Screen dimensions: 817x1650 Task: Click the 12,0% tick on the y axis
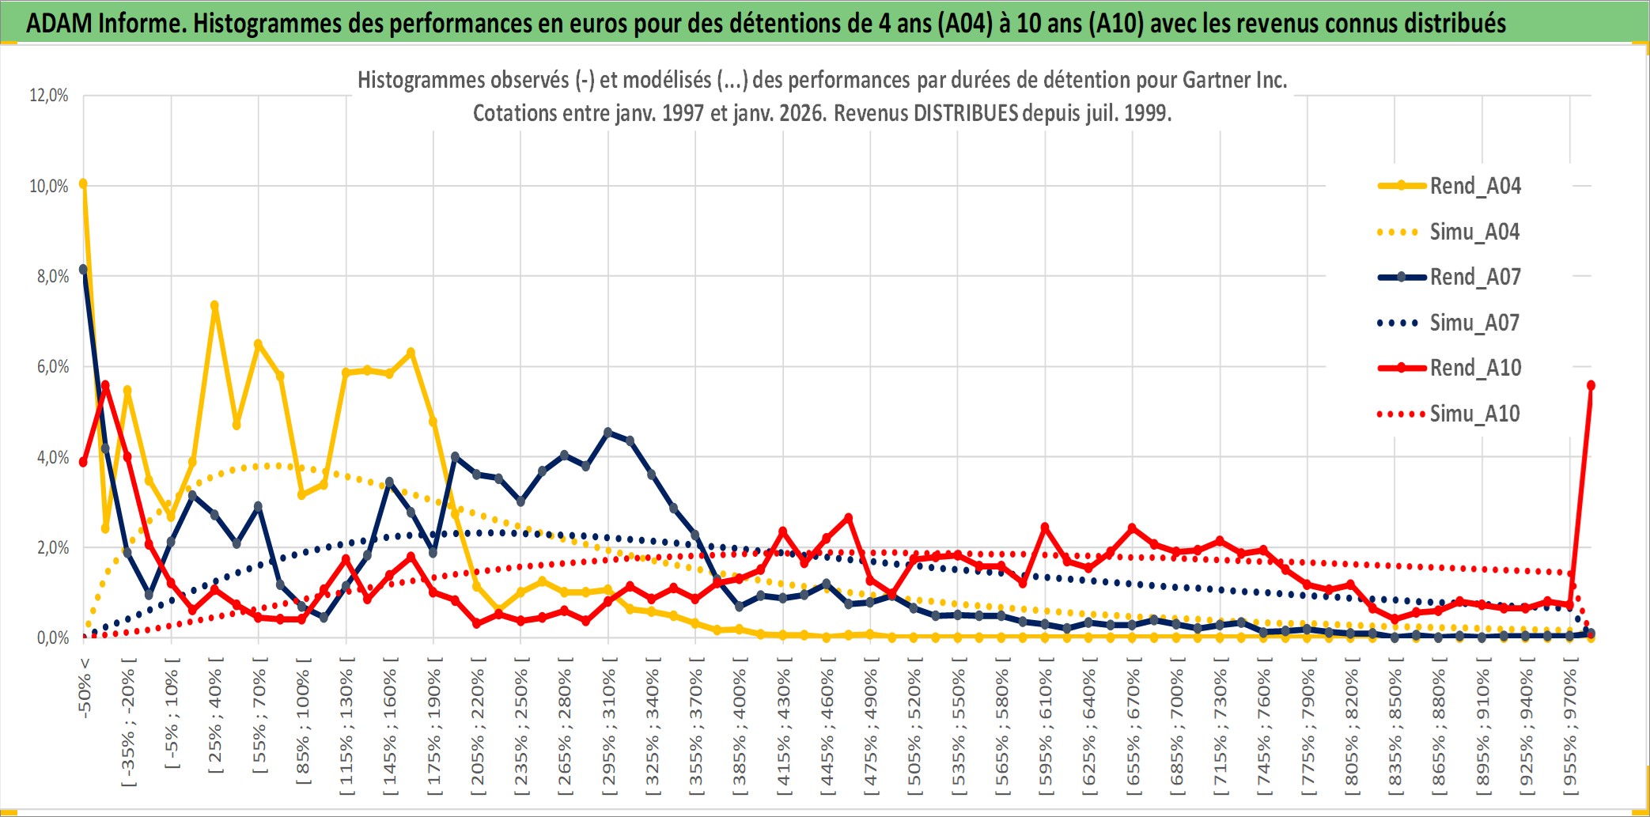[49, 96]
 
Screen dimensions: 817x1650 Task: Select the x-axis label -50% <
[85, 687]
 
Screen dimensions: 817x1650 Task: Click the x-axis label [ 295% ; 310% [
[609, 728]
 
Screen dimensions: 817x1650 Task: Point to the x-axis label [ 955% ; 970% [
[1570, 728]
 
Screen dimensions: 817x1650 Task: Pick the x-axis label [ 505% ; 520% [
[914, 728]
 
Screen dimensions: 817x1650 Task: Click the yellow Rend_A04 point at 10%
[83, 184]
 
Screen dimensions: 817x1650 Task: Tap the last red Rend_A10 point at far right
[1591, 385]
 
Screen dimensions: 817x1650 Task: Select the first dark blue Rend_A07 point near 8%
[83, 270]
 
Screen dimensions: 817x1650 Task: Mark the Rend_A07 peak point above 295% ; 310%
[607, 433]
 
